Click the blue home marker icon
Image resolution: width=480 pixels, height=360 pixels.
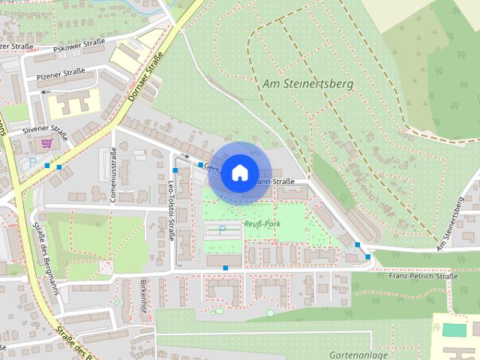click(x=238, y=172)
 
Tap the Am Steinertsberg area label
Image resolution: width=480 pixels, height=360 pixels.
click(x=307, y=85)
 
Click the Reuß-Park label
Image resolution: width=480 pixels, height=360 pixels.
click(x=261, y=223)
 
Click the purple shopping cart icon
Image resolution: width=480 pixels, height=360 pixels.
click(x=46, y=142)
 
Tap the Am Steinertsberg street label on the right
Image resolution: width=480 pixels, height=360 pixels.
click(x=455, y=223)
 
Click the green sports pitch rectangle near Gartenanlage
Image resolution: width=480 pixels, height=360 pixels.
click(x=453, y=329)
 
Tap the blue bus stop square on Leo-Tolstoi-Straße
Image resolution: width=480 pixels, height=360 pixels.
click(x=175, y=171)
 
